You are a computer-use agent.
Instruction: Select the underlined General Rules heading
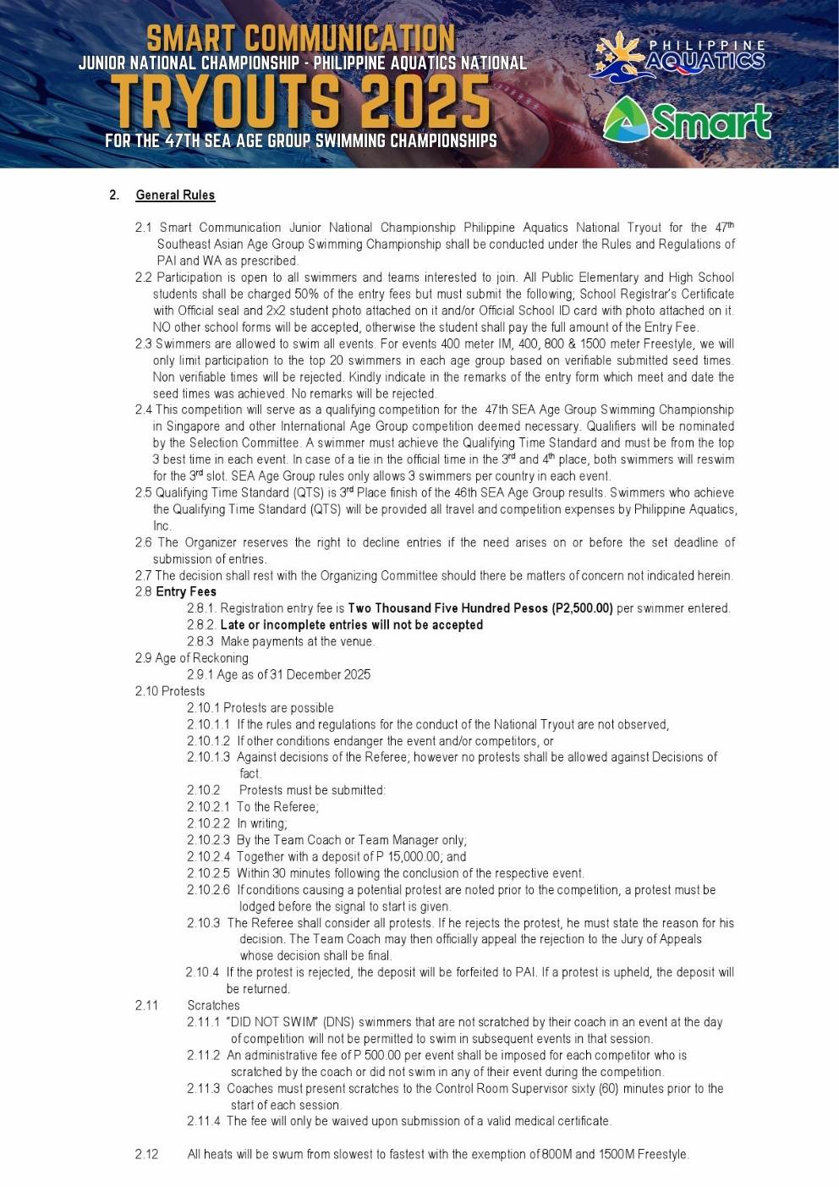click(x=175, y=195)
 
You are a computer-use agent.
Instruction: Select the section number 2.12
click(x=146, y=1154)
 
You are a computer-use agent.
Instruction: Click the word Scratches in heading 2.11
click(x=213, y=1005)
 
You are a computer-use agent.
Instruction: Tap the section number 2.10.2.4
click(x=208, y=856)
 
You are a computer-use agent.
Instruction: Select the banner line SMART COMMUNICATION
click(x=300, y=38)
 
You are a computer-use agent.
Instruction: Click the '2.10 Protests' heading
click(x=170, y=691)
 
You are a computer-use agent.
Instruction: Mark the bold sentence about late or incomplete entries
click(x=351, y=625)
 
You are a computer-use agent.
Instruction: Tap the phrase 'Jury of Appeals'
click(x=658, y=939)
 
